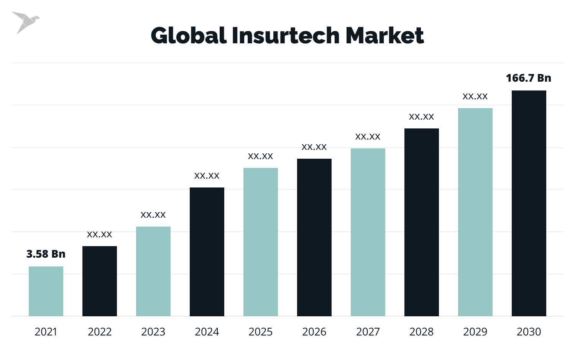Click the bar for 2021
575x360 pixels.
click(x=46, y=291)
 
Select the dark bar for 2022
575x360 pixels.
click(x=100, y=281)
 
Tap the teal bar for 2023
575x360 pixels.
click(x=153, y=271)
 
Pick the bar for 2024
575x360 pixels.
click(x=207, y=252)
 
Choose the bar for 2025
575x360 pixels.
click(x=261, y=242)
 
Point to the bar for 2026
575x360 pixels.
click(x=314, y=237)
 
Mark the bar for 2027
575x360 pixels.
click(x=368, y=232)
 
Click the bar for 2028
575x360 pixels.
click(x=422, y=222)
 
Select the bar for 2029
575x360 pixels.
click(x=475, y=212)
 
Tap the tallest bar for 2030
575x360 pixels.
click(x=529, y=203)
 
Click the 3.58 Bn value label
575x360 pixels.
click(x=46, y=254)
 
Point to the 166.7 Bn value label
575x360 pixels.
click(x=529, y=78)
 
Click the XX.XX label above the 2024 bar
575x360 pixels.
click(x=207, y=176)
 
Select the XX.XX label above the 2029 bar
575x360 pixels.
click(x=475, y=97)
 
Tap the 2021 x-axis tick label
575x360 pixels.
click(x=46, y=332)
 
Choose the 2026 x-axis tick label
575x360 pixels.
click(x=314, y=332)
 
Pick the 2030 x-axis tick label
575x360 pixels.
click(x=529, y=332)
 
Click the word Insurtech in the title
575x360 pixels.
click(x=286, y=36)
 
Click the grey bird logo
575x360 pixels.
click(x=25, y=22)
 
